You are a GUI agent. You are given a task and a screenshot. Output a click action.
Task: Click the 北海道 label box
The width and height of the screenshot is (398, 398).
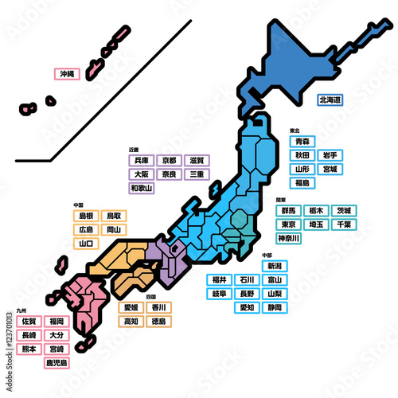(x=330, y=100)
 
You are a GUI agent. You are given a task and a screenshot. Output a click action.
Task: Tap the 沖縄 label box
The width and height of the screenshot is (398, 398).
(x=66, y=73)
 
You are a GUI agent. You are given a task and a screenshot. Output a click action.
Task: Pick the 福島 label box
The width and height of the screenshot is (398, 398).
(x=301, y=183)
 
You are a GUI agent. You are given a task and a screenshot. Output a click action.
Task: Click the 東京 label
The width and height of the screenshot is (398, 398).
(x=288, y=224)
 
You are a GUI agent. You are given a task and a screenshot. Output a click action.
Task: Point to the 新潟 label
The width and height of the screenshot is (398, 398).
(x=274, y=266)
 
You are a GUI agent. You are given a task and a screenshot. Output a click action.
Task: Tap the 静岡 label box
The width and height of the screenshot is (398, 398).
(x=274, y=307)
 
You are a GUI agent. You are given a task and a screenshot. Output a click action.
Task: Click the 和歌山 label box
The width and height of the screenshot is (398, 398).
(x=142, y=188)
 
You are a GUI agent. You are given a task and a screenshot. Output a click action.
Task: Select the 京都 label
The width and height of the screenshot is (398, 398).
(x=169, y=160)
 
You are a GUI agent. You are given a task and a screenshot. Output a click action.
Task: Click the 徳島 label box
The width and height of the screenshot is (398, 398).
(x=158, y=322)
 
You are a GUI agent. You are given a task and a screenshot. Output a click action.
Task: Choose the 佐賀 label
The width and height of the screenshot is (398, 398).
(x=29, y=321)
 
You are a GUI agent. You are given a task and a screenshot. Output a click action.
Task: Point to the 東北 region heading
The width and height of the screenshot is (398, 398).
(x=294, y=130)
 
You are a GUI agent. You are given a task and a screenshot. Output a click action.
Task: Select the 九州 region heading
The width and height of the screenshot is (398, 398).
(x=20, y=310)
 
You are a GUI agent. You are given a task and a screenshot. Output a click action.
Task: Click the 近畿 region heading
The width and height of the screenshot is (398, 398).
(x=134, y=149)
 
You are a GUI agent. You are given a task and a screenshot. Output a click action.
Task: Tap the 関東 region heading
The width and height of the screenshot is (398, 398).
(x=281, y=200)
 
